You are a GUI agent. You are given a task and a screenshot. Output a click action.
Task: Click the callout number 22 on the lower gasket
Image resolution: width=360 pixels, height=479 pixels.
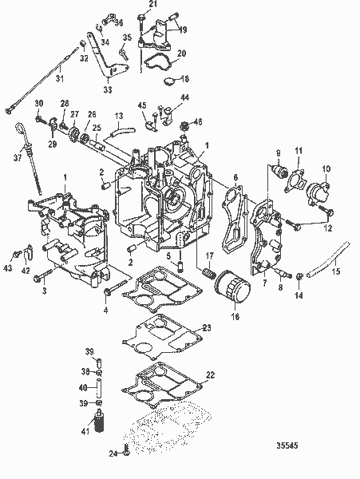tap(210, 375)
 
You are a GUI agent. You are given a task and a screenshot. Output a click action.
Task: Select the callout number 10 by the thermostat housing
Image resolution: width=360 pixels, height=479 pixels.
tap(326, 168)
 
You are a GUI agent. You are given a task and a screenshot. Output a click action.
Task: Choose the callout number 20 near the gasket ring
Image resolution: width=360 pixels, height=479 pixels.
tap(181, 53)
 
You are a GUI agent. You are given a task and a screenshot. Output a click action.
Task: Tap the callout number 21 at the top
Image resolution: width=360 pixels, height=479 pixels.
tap(154, 5)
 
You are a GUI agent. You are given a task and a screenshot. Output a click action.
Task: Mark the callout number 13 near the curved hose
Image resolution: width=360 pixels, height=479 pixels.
tap(118, 116)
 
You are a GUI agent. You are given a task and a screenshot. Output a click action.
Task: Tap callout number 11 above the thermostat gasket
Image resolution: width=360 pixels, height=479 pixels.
tap(299, 151)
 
